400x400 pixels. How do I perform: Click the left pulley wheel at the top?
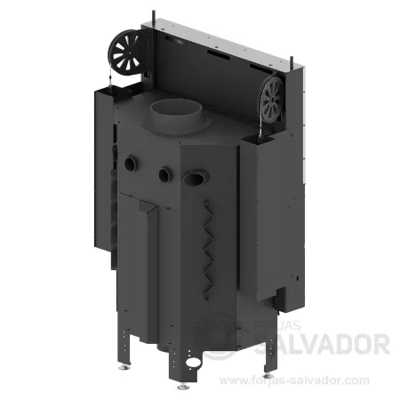(x=127, y=53)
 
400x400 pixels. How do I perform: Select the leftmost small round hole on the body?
(x=131, y=164)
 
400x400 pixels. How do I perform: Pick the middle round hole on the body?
(x=165, y=175)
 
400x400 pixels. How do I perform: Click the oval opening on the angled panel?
(x=196, y=179)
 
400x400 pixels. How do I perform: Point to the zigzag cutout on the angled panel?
(x=208, y=250)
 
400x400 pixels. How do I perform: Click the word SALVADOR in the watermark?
(x=323, y=344)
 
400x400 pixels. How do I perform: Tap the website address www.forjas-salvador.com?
(x=294, y=380)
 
